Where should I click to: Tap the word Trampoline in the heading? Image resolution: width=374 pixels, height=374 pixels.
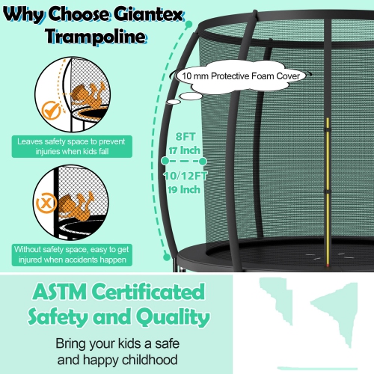[92, 37]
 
